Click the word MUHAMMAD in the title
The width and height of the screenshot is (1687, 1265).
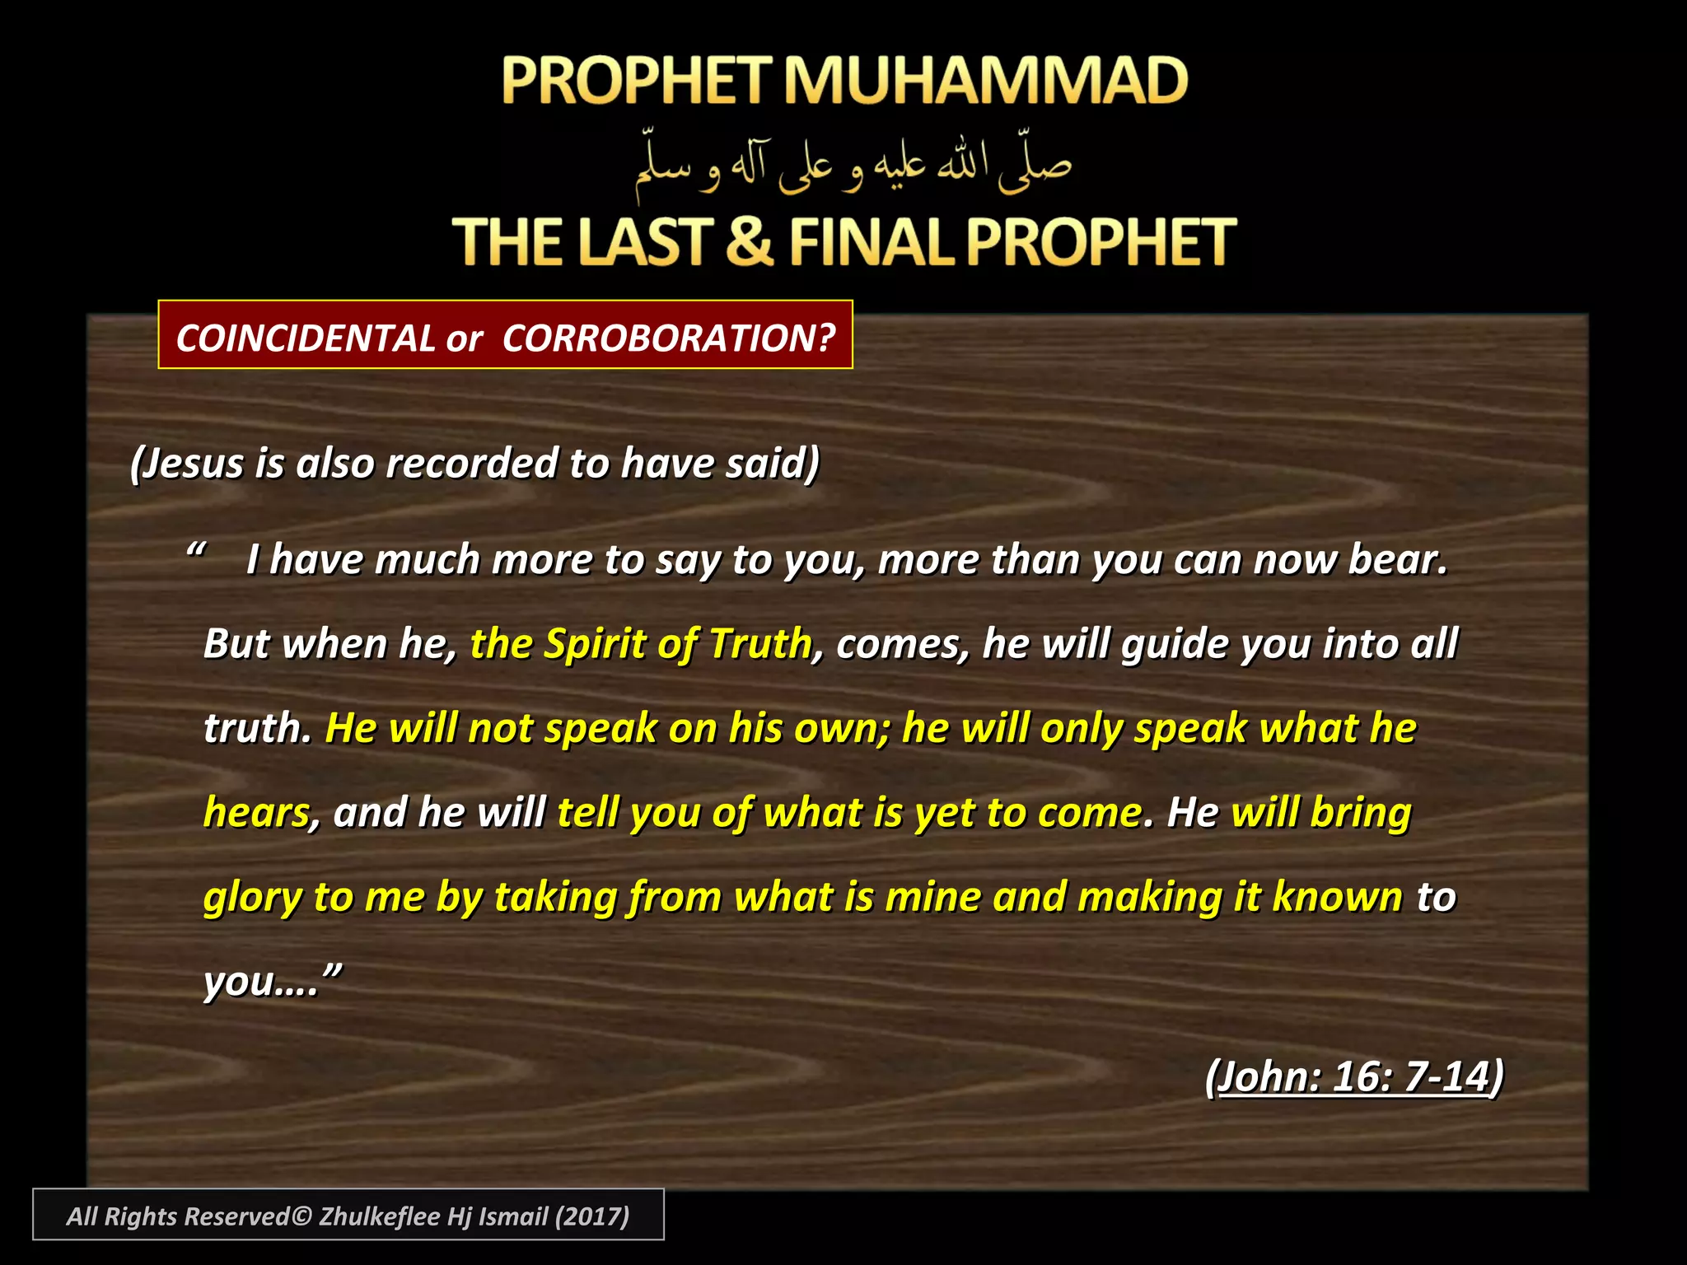984,81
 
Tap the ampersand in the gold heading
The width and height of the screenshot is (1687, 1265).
750,241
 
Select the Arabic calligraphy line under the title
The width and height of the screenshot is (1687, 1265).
853,165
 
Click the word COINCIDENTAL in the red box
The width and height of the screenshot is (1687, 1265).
305,338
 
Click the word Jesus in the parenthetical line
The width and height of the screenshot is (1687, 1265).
194,463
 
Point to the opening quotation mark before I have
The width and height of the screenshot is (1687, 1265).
196,550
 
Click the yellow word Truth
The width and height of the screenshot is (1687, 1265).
760,644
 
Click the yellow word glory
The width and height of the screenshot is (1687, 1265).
253,899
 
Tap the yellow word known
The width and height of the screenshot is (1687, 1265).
1337,897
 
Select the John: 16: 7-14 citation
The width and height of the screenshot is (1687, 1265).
1354,1076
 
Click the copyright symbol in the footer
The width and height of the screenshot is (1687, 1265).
301,1216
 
